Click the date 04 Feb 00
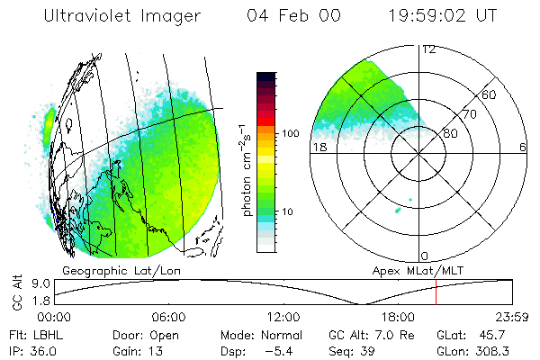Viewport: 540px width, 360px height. click(289, 15)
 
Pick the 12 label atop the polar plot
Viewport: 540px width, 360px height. click(428, 49)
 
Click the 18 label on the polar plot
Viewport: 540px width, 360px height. click(318, 147)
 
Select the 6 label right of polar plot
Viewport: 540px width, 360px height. click(523, 147)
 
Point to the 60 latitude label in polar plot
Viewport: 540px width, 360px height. click(489, 94)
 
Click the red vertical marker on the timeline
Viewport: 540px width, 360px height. click(436, 292)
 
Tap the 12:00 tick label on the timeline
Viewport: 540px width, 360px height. click(283, 316)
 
